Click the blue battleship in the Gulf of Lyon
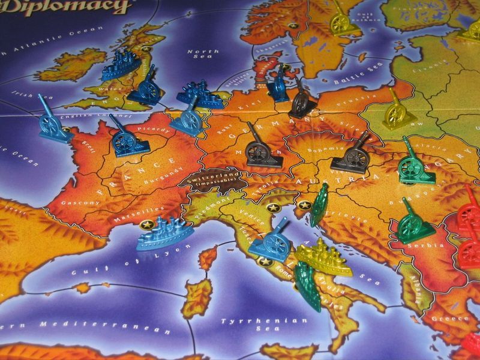click(x=163, y=235)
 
